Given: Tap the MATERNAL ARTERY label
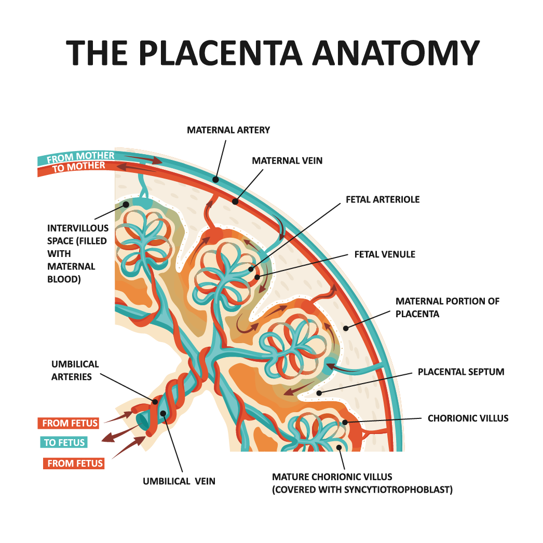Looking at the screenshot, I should click(x=228, y=130).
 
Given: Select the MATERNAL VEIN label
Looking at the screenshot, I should click(x=287, y=161).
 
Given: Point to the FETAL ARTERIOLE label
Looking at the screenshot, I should click(x=383, y=199).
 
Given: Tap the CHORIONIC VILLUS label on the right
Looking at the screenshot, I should click(x=468, y=418).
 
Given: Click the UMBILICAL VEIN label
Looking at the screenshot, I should click(x=179, y=481).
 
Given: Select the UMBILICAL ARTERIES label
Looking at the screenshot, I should click(x=75, y=370).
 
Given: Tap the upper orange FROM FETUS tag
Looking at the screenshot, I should click(x=70, y=423).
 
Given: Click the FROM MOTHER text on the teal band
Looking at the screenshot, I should click(x=80, y=156).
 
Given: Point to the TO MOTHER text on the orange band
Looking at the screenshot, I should click(x=79, y=167).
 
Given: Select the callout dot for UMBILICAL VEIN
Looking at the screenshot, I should click(x=163, y=414).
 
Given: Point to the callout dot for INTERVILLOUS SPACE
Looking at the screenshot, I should click(x=125, y=205).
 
